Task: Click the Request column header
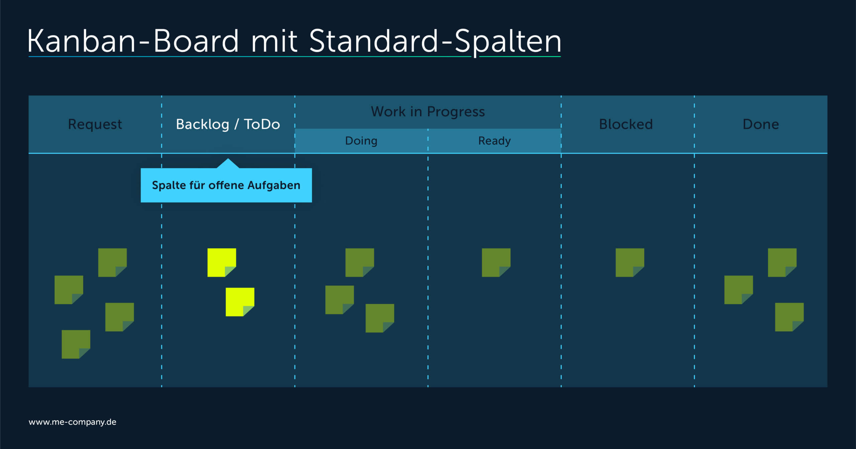pos(95,124)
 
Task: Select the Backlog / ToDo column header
pos(228,124)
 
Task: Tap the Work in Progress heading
pos(428,112)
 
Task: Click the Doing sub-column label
pos(361,141)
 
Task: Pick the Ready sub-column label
pos(494,141)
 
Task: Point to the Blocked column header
pos(626,124)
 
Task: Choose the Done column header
pos(761,124)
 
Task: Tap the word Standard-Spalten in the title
pos(435,41)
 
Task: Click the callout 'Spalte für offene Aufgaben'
pos(226,185)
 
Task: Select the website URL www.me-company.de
pos(73,422)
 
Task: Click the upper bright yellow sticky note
pos(221,262)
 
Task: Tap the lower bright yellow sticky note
pos(240,302)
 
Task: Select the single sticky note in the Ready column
pos(496,262)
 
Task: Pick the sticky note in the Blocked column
pos(630,262)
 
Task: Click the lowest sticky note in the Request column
pos(76,344)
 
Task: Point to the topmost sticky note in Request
pos(112,262)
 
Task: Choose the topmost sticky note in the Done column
pos(782,262)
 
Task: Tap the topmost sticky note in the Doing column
pos(359,262)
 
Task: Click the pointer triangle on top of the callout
pos(228,164)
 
